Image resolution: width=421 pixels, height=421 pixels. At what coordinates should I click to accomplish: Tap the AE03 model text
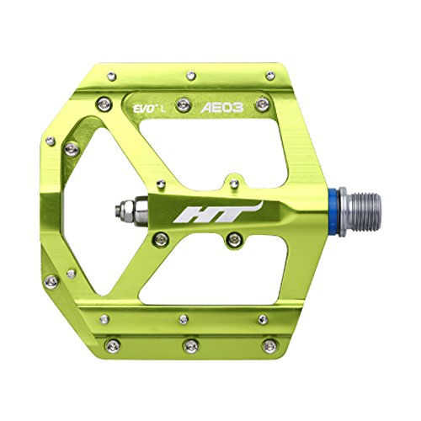(x=222, y=108)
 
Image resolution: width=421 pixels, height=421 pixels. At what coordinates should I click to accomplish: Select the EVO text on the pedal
(x=144, y=109)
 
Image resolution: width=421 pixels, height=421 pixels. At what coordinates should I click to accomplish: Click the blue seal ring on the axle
(x=333, y=211)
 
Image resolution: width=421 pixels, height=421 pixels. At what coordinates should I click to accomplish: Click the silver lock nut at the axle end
(x=131, y=210)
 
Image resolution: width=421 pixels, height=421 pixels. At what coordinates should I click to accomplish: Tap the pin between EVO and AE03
(x=184, y=105)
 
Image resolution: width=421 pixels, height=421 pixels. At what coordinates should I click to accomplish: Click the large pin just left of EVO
(x=104, y=104)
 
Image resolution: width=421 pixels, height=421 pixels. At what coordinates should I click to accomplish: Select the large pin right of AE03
(x=263, y=104)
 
